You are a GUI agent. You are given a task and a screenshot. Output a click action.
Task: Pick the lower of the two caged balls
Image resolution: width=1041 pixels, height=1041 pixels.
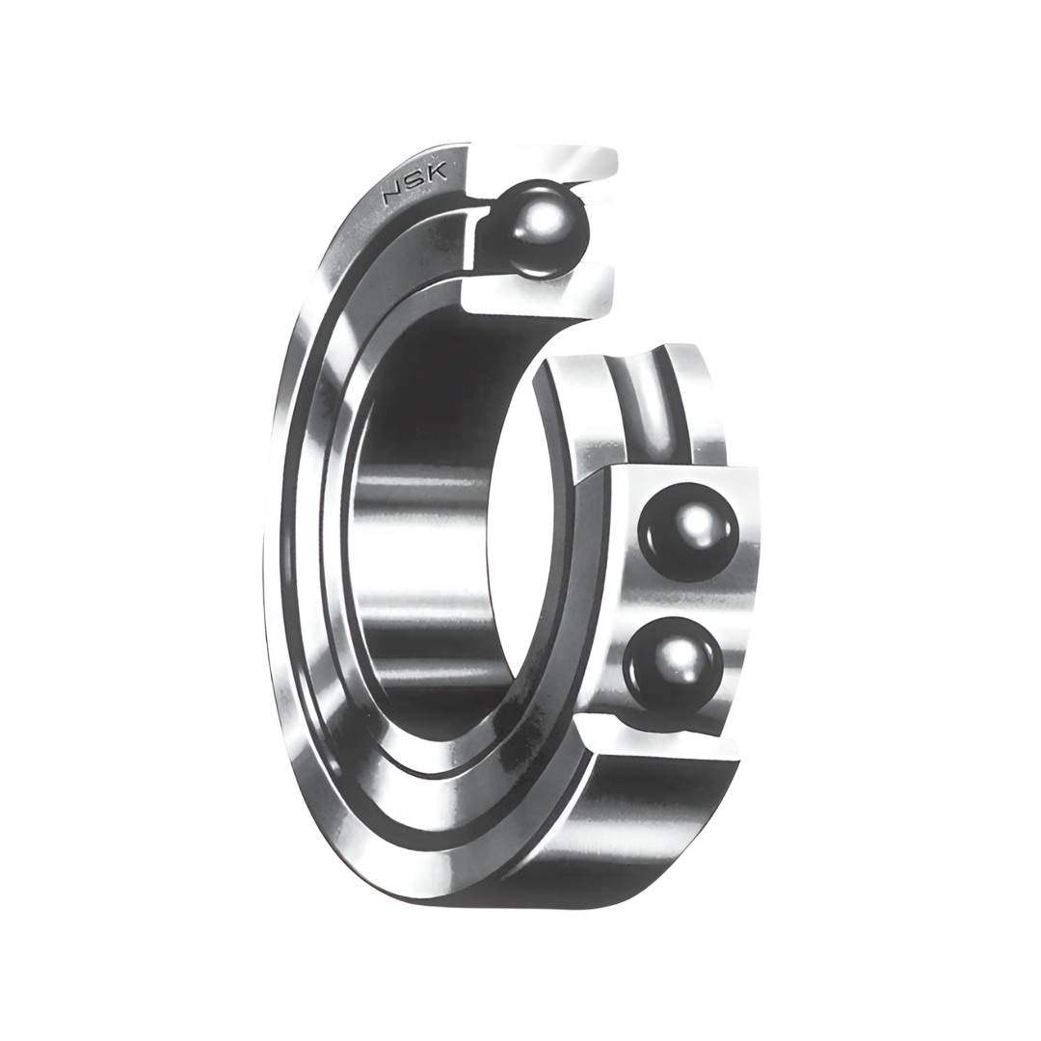(673, 665)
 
